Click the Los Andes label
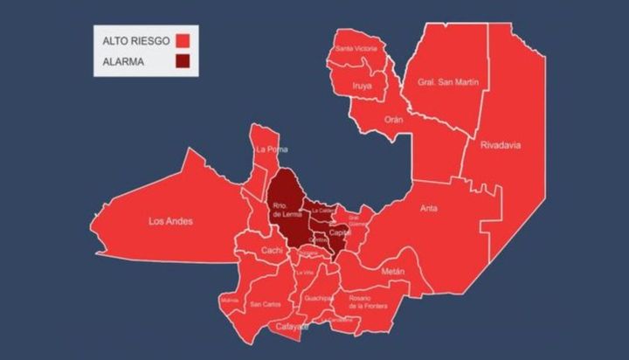170,221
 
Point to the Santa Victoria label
356,49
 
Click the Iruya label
362,86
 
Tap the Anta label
429,208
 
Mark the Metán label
393,272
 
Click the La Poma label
272,149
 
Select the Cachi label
271,251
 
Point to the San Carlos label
265,304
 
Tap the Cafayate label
293,327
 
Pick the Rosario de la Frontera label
368,301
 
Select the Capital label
340,232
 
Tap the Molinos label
230,300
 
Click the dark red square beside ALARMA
183,60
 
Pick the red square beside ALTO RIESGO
183,40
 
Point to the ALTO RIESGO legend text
136,40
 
